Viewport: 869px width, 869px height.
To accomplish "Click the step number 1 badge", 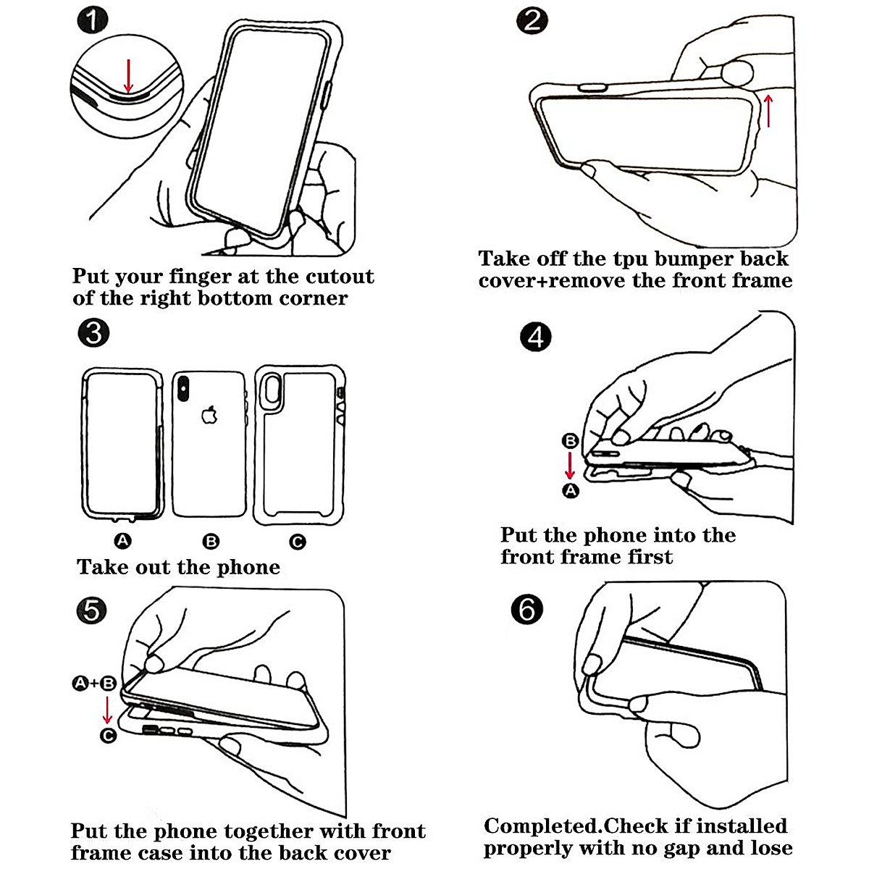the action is click(93, 21).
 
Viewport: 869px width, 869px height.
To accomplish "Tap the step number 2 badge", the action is click(532, 21).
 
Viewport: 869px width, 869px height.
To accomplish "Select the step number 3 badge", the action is click(93, 333).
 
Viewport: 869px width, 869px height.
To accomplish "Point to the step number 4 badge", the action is click(536, 337).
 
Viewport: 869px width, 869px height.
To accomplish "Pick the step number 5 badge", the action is click(92, 610).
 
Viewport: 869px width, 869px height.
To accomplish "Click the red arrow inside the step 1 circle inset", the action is click(128, 76).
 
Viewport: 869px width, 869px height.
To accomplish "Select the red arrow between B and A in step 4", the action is click(570, 465).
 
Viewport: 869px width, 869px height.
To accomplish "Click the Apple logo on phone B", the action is click(209, 415).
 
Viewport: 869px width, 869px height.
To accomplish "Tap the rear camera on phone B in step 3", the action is click(183, 388).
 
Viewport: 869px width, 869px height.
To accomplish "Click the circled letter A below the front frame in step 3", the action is click(122, 540).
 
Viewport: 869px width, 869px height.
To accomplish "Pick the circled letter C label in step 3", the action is click(297, 541).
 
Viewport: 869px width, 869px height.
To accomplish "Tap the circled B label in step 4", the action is click(570, 440).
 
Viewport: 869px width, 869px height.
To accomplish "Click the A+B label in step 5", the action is click(94, 684).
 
